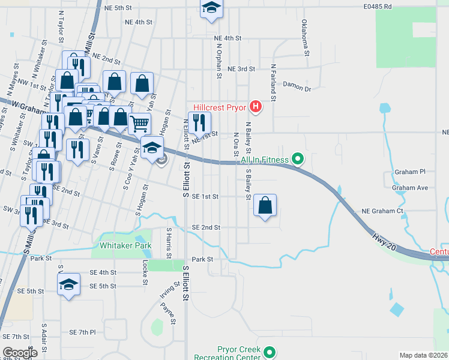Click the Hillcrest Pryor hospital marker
(256, 107)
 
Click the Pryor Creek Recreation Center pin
(270, 353)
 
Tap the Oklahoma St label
(305, 37)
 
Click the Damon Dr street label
(297, 88)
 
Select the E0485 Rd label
(377, 7)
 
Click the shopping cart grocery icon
(139, 124)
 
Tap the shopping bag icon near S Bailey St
(265, 205)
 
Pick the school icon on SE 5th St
(69, 285)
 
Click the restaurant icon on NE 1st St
(199, 123)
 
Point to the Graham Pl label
(409, 172)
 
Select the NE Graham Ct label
(382, 211)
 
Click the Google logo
(20, 353)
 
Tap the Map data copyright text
(423, 355)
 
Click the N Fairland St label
(273, 82)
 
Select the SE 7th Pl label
(82, 332)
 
